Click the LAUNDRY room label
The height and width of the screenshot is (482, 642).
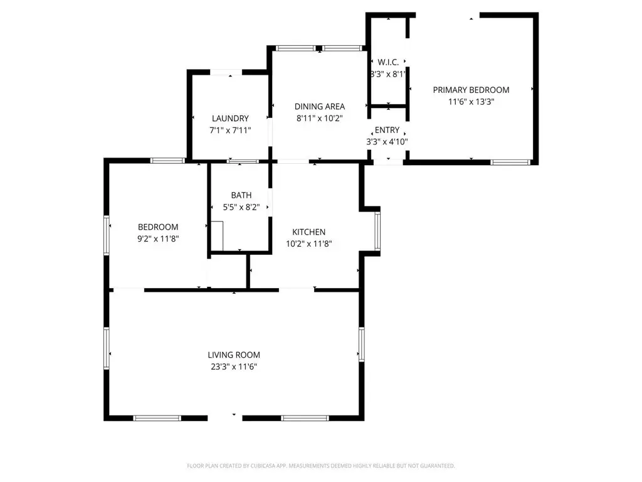[x=230, y=119]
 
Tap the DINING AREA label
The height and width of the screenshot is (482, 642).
[x=320, y=107]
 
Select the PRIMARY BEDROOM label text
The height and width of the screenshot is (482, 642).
[x=471, y=90]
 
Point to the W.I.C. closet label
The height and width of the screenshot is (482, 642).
[x=388, y=62]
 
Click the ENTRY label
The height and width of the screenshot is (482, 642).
[x=387, y=130]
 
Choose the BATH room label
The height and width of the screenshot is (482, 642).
[x=241, y=195]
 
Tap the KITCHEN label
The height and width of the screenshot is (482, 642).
[x=308, y=232]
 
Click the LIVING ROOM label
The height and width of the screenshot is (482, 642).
[x=234, y=355]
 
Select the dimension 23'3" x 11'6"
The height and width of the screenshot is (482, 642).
[x=234, y=367]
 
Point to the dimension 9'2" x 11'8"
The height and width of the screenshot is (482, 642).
[x=158, y=238]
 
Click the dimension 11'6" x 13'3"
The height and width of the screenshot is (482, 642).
[x=471, y=102]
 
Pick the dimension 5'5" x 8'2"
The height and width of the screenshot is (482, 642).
[x=241, y=207]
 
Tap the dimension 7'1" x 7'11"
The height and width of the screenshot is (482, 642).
[x=230, y=131]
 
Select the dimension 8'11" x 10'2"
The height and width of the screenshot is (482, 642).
[x=320, y=119]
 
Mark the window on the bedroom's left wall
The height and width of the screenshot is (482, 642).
[x=107, y=235]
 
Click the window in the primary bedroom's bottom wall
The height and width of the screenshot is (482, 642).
[x=510, y=163]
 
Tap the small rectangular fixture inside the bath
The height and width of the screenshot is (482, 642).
[x=217, y=236]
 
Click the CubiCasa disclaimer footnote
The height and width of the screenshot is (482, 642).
[x=321, y=466]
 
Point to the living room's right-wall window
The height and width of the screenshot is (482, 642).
[x=362, y=345]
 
